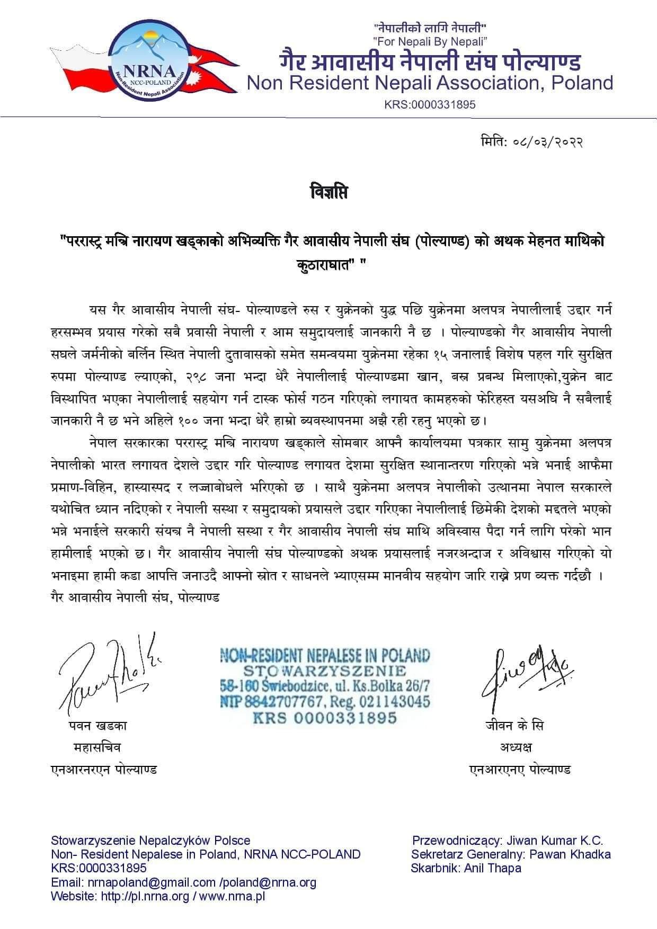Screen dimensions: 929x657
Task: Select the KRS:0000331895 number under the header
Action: coord(430,104)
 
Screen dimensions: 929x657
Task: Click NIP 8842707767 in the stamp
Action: coord(270,702)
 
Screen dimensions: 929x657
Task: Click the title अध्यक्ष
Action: coord(516,747)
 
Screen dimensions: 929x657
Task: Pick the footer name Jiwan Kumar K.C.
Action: coord(555,841)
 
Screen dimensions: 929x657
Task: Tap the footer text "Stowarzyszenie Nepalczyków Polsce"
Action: coord(150,841)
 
